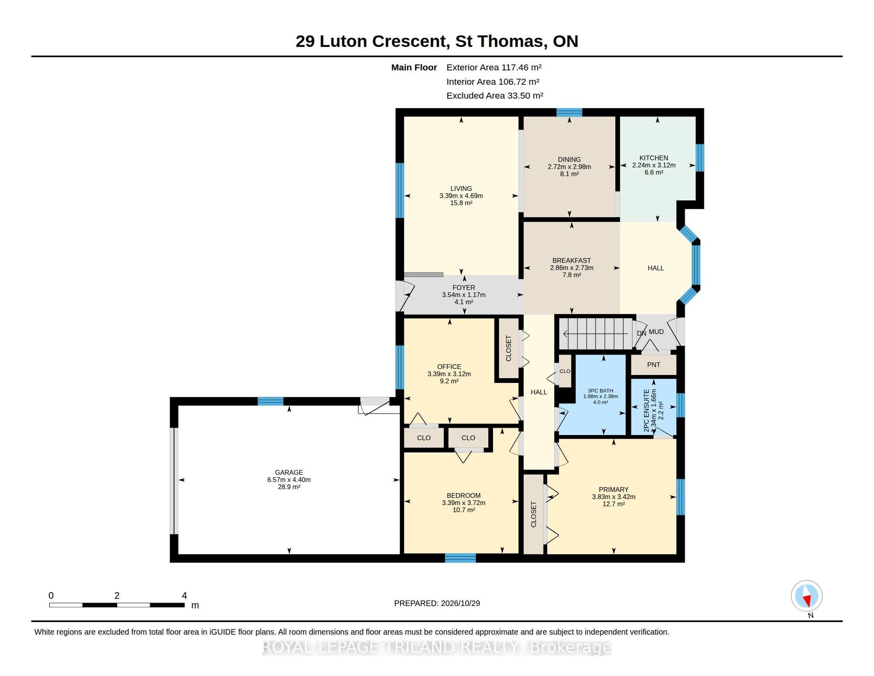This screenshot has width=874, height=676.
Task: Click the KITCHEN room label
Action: point(654,158)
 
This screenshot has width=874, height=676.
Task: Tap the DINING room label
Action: point(569,159)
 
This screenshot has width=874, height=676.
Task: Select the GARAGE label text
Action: point(289,472)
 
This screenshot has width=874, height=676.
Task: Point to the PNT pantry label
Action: point(654,365)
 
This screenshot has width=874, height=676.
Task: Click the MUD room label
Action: point(656,332)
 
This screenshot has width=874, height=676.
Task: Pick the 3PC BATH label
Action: point(600,391)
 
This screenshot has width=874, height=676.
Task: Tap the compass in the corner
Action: point(806,596)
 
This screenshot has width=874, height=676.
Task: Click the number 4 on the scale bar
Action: point(184,596)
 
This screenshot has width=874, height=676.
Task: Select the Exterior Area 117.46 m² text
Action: point(494,67)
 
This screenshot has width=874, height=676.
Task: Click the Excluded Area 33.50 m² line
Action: point(495,96)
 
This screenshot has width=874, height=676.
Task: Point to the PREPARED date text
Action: point(437,603)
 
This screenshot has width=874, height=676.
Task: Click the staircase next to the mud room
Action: point(596,334)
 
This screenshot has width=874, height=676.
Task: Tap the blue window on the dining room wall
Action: point(569,113)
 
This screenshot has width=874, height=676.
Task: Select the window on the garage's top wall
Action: point(271,401)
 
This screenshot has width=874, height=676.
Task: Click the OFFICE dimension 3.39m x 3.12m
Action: point(449,374)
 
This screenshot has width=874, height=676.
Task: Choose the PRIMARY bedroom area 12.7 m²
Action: point(613,504)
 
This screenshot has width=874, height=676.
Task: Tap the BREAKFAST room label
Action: point(571,261)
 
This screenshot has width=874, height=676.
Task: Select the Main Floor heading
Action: point(414,67)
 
